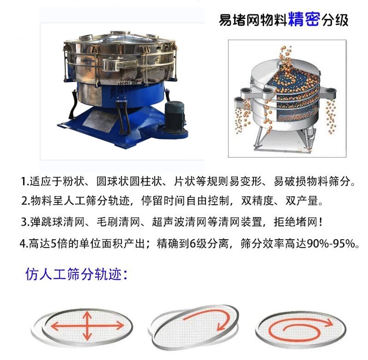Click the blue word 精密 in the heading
tap(304, 19)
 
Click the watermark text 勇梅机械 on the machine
tap(125, 87)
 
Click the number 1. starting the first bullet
tap(25, 182)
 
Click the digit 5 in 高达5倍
tap(53, 244)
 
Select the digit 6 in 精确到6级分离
tap(193, 244)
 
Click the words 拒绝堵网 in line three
tap(295, 222)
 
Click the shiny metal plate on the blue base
tap(100, 121)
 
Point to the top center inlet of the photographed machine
tap(120, 33)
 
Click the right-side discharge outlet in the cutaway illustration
tap(330, 92)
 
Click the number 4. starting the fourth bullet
tap(24, 244)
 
